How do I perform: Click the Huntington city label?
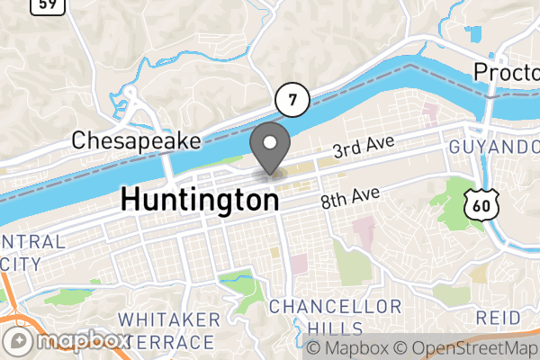click(199, 199)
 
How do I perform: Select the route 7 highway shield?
click(292, 99)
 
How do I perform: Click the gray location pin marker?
click(269, 149)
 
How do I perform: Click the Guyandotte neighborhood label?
click(496, 146)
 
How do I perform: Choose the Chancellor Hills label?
click(335, 317)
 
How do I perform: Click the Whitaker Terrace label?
click(169, 330)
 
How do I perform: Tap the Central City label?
click(32, 253)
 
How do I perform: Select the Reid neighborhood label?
click(498, 318)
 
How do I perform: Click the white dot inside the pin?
click(269, 141)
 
